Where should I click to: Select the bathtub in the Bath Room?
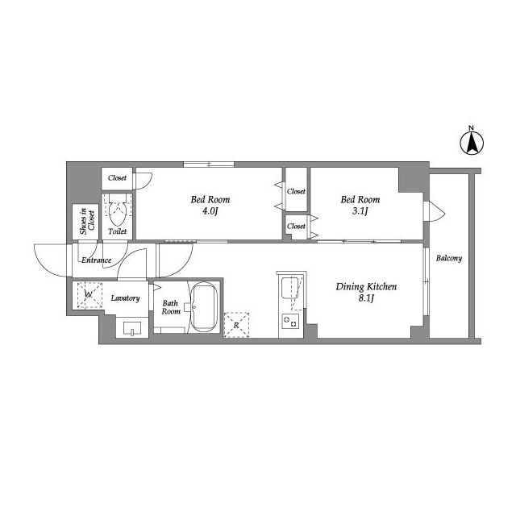point(204,307)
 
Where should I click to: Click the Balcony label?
point(449,258)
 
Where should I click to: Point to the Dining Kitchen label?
point(366,287)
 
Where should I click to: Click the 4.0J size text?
point(210,211)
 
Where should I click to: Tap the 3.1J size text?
point(360,211)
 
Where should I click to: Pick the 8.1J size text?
point(367,299)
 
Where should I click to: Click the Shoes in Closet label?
point(87,221)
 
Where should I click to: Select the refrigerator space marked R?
point(236,325)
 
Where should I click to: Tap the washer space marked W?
point(89,295)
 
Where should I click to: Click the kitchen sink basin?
point(290,288)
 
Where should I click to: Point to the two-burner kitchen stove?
point(290,322)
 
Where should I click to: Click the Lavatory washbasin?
point(132,328)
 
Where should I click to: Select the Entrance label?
point(97,260)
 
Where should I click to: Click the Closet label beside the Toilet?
point(117,178)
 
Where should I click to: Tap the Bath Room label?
point(171,307)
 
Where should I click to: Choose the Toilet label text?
point(118,231)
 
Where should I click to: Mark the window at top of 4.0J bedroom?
point(209,164)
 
